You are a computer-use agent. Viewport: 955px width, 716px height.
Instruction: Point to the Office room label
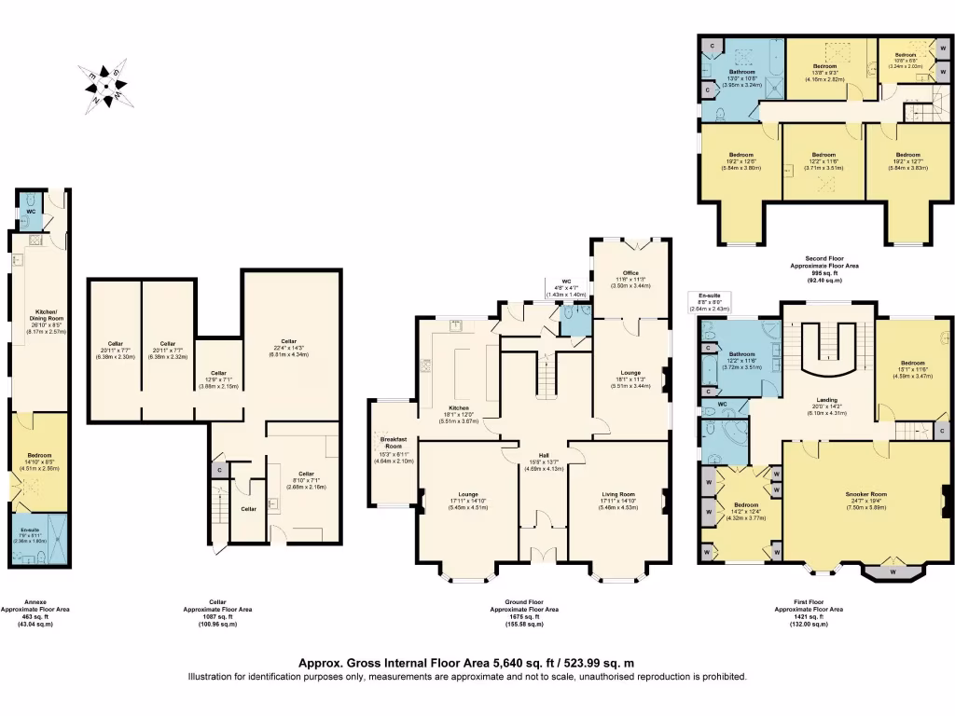(630, 271)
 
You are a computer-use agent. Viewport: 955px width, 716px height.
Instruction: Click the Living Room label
(616, 493)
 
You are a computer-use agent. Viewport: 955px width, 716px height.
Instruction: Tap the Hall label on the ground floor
(543, 454)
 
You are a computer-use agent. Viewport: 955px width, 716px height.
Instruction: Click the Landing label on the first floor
(827, 399)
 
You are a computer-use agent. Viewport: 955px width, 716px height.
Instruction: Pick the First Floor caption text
(808, 602)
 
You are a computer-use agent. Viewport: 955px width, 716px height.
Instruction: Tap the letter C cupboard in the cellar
(218, 470)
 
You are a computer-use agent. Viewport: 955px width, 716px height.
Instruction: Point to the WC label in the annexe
(31, 212)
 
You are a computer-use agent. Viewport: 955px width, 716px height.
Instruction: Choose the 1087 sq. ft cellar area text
(217, 616)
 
